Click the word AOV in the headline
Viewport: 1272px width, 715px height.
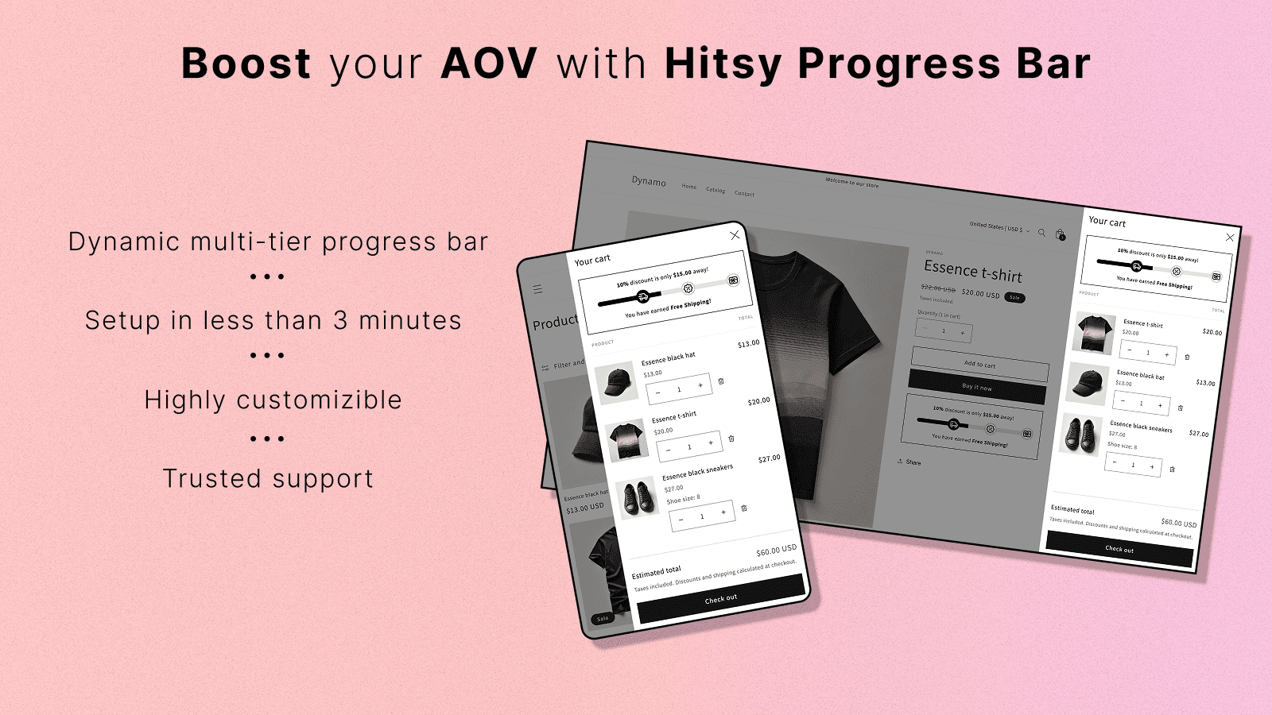(x=489, y=64)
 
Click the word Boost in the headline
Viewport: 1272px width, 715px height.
(x=246, y=64)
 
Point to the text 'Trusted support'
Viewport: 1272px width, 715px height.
(x=268, y=479)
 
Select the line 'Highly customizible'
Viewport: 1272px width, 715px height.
(x=273, y=400)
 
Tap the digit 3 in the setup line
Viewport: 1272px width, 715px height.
(x=340, y=320)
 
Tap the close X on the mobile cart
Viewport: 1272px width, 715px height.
(x=735, y=235)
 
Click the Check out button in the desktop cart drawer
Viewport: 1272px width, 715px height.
(x=1119, y=549)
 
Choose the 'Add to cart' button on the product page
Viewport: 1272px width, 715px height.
(x=979, y=365)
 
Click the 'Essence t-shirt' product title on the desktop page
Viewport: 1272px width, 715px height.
(x=973, y=272)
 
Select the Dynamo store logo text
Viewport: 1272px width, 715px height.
(x=649, y=181)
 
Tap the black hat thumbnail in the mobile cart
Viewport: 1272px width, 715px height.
(x=617, y=383)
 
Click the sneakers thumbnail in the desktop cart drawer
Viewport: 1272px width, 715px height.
(x=1081, y=434)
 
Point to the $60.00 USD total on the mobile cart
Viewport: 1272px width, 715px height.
(x=776, y=551)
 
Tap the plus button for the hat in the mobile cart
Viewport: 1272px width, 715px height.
(x=700, y=385)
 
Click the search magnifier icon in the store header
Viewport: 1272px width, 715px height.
(x=1041, y=233)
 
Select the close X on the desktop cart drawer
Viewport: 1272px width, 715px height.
(x=1230, y=238)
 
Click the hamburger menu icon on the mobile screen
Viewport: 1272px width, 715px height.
(x=537, y=289)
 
